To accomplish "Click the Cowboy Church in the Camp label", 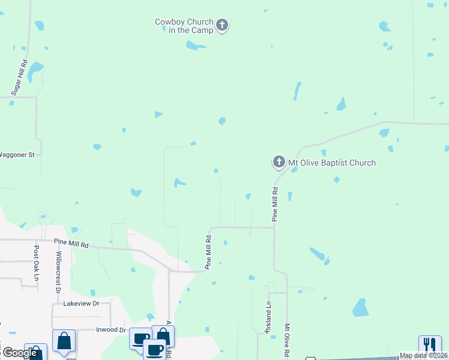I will [184, 26].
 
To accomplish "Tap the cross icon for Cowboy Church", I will [222, 25].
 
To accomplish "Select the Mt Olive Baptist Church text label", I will [332, 163].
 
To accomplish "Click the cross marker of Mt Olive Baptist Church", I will [279, 162].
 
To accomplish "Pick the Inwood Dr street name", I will [111, 330].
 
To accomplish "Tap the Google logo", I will [20, 353].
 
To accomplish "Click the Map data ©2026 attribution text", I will [424, 355].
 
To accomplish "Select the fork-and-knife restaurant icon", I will [430, 344].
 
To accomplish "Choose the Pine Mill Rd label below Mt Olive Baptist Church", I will [275, 205].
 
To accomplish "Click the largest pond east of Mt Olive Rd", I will [360, 308].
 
